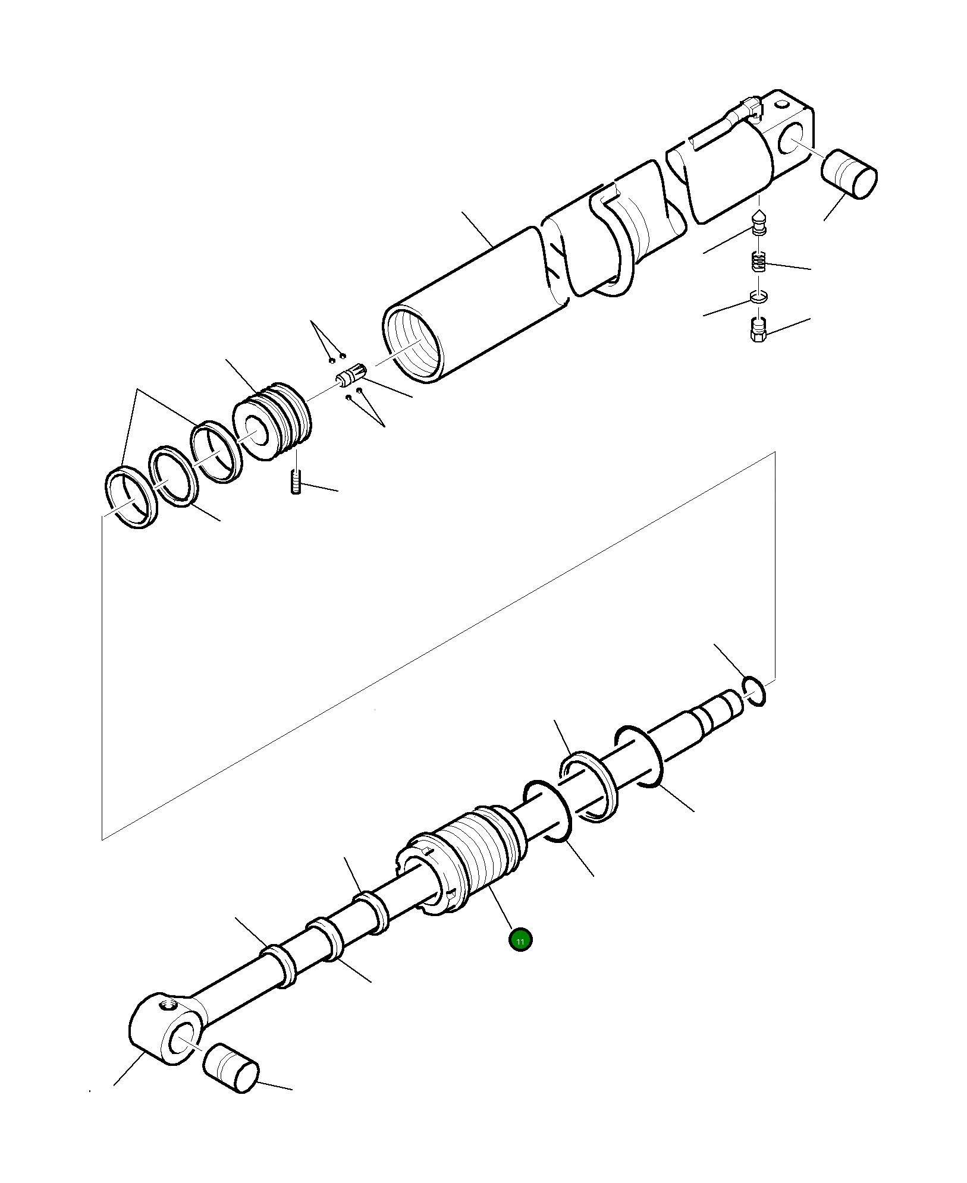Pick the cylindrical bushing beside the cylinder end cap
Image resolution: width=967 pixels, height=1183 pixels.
[849, 174]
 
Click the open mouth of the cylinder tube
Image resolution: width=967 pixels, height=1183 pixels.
[414, 344]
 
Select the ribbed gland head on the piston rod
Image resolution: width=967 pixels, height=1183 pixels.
[470, 857]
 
